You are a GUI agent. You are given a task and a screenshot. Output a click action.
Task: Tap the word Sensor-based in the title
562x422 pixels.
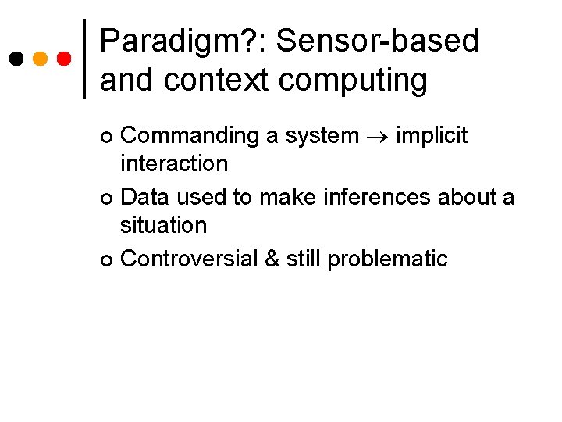tap(377, 41)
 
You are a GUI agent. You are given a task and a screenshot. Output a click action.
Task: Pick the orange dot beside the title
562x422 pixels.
tap(41, 59)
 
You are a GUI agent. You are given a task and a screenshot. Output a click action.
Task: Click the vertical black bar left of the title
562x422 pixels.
tap(85, 59)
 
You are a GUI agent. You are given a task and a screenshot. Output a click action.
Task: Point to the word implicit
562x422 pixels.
tap(432, 136)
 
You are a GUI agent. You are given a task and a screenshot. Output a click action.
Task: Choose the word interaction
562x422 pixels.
tap(173, 164)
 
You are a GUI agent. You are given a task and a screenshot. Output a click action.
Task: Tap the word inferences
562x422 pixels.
tap(375, 197)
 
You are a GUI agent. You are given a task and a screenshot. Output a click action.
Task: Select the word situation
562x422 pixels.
tap(163, 226)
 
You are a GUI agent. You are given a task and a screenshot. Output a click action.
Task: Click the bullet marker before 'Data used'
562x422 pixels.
tap(107, 198)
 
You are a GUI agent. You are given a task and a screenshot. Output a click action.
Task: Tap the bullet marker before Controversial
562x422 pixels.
tap(107, 260)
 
